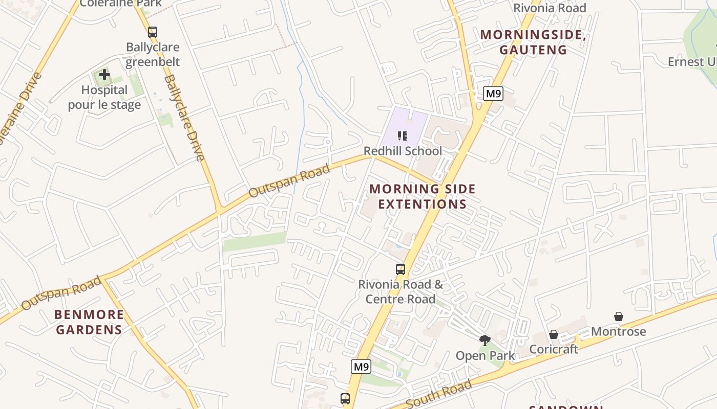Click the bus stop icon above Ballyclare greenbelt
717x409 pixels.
[x=152, y=32]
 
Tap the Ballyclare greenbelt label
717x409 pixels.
[x=153, y=55]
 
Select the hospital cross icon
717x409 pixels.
[x=104, y=75]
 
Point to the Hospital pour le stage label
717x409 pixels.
[x=104, y=98]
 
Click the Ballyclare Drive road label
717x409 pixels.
[x=185, y=118]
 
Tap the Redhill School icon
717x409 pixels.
[x=403, y=136]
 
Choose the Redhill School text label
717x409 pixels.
[x=403, y=151]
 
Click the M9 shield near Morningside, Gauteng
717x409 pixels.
[x=493, y=94]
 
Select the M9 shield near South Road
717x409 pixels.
[x=361, y=367]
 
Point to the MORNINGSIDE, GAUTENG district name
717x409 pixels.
[x=533, y=42]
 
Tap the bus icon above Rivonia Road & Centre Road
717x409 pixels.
[x=400, y=269]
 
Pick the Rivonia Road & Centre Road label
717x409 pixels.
[x=400, y=292]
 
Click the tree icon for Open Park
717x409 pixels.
[x=484, y=340]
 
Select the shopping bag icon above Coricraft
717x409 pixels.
[x=554, y=334]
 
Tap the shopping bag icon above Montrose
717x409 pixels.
[x=619, y=316]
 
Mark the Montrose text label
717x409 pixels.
[x=619, y=332]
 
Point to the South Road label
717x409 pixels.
[x=438, y=395]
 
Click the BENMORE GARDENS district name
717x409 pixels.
[x=89, y=322]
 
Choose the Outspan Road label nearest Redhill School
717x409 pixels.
[x=289, y=181]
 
